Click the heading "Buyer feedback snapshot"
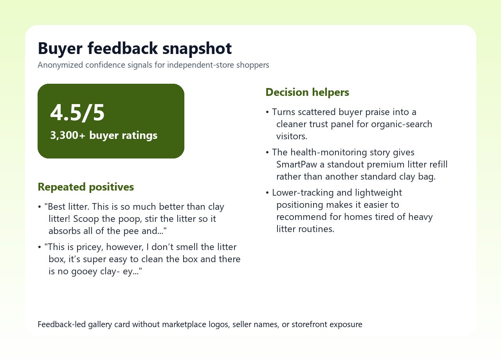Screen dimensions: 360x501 tap(135, 49)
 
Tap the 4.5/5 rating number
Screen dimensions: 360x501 tap(77, 113)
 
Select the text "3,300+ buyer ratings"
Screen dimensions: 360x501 tap(104, 135)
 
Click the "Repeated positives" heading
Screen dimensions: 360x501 tap(86, 187)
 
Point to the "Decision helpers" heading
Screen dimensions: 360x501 tap(307, 92)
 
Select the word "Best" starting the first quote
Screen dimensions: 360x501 tap(57, 207)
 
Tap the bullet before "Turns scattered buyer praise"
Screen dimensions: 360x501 tap(268, 112)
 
